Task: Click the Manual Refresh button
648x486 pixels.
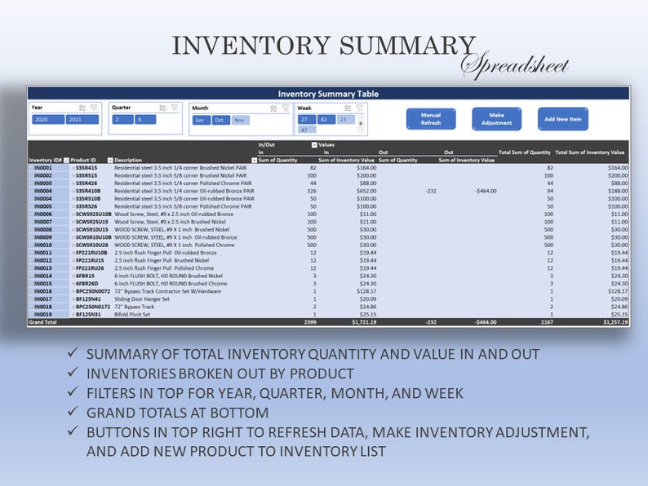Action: [x=431, y=119]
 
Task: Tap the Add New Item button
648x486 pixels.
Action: [x=563, y=119]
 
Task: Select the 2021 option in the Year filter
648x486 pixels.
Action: [x=82, y=120]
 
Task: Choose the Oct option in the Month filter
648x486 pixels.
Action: [x=221, y=120]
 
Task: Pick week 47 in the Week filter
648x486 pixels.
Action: [x=304, y=130]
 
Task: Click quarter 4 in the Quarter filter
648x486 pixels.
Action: [x=144, y=120]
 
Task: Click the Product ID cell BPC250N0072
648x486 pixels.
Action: [x=93, y=291]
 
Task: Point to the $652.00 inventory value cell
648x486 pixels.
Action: [x=363, y=191]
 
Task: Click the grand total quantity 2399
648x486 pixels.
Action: [x=310, y=322]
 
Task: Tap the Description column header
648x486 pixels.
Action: [x=128, y=160]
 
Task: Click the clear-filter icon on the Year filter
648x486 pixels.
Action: [x=94, y=108]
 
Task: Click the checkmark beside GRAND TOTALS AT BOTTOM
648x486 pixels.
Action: [x=74, y=413]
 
